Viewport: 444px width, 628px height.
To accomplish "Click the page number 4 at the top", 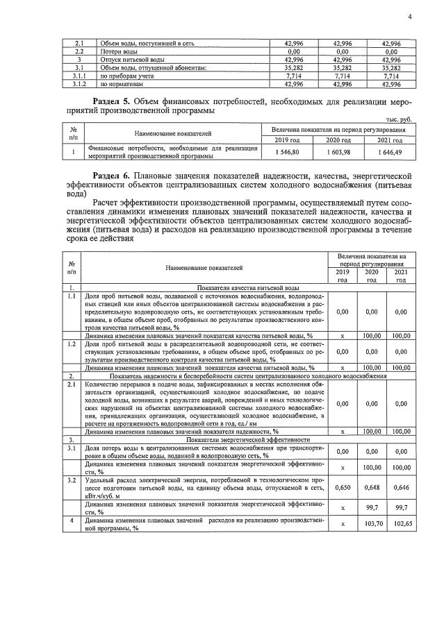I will (x=409, y=17).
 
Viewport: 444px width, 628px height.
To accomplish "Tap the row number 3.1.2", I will (x=79, y=84).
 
